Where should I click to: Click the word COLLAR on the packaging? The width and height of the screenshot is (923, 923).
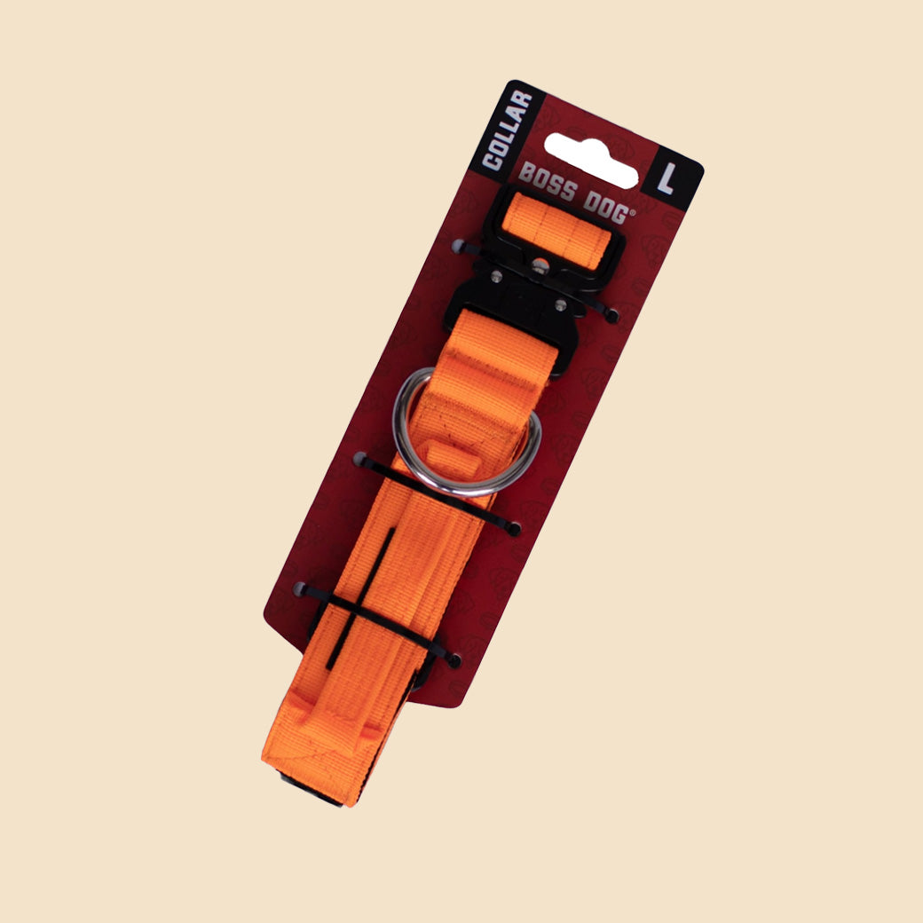507,130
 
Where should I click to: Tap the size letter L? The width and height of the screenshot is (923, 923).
667,179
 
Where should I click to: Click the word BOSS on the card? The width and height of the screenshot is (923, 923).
548,182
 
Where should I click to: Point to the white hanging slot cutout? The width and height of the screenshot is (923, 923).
591,160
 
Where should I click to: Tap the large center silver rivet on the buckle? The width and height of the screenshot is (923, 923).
540,266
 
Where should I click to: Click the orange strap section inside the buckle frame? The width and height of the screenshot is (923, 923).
556,230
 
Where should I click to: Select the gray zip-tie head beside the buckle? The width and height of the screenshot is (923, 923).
459,246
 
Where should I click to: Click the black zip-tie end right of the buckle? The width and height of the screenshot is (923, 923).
612,316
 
